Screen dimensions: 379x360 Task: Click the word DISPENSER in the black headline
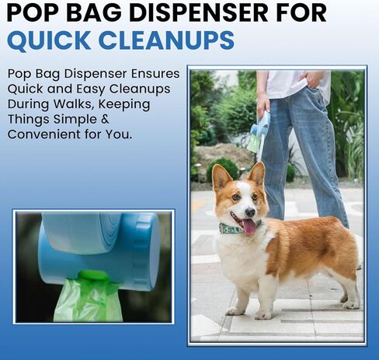[198, 12]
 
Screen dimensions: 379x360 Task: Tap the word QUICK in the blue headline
[49, 40]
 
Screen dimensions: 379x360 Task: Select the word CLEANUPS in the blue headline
[166, 40]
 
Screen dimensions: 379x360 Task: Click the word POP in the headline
[33, 12]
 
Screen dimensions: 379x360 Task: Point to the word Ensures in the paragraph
[155, 74]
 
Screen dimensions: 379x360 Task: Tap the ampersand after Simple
[105, 119]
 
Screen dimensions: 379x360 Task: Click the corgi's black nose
[250, 212]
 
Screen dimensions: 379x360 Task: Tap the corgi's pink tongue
[249, 227]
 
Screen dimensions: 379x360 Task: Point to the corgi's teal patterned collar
[231, 229]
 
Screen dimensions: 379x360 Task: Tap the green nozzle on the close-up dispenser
[93, 276]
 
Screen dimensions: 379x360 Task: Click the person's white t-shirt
[297, 83]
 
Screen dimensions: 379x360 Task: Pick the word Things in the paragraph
[29, 120]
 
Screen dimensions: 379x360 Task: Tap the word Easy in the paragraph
[91, 89]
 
